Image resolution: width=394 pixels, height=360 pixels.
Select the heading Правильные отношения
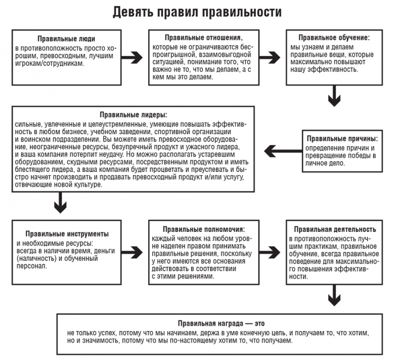[x=203, y=37]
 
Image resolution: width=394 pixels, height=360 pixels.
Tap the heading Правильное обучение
[x=333, y=37]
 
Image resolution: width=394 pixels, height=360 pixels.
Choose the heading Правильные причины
[x=342, y=138]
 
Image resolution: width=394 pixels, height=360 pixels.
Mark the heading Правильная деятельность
[x=334, y=229]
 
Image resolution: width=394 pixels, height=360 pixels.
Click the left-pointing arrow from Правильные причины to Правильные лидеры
[x=280, y=149]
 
